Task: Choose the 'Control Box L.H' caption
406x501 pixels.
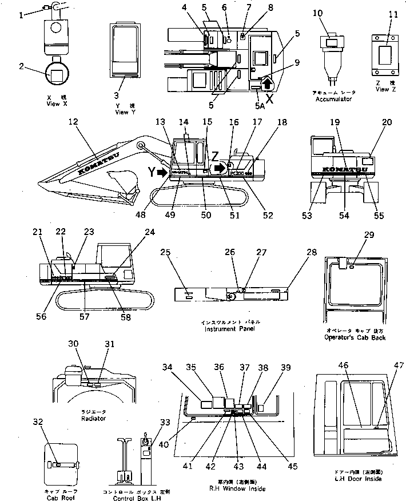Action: (x=130, y=497)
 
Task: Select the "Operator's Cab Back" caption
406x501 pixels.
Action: (x=355, y=337)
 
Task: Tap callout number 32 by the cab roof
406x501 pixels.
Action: (x=38, y=423)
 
